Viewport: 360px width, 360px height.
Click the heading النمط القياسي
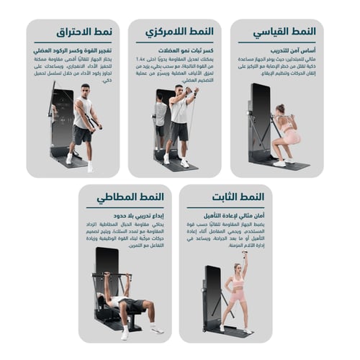coord(286,33)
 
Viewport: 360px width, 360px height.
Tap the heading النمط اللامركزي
coord(180,32)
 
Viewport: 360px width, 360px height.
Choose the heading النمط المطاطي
coord(130,197)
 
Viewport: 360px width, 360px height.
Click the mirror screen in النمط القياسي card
coord(259,115)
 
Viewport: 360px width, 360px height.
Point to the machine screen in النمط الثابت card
coord(212,288)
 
